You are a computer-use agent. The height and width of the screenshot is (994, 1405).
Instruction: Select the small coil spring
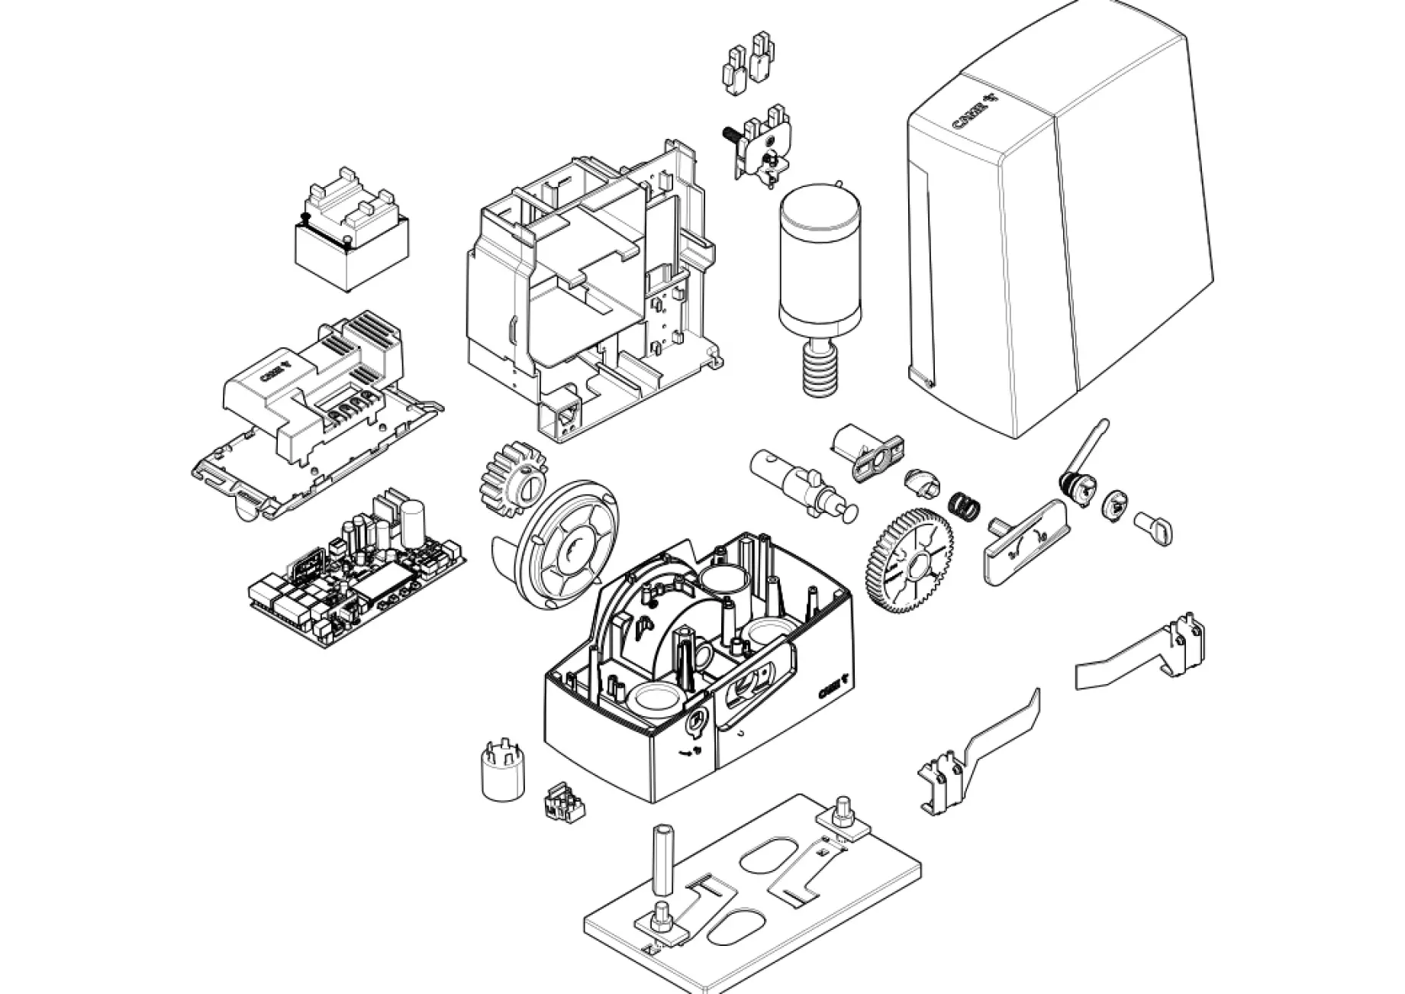coord(963,505)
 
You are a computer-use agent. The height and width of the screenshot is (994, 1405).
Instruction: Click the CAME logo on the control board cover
coord(275,373)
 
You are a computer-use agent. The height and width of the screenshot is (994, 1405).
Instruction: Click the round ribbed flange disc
coord(566,544)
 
